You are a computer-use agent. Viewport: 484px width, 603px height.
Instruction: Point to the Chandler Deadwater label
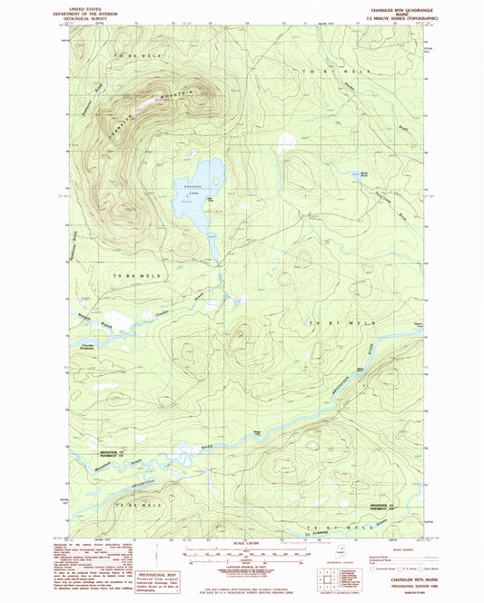(89, 347)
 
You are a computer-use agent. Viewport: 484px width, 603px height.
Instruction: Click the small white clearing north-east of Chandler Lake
(287, 142)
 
